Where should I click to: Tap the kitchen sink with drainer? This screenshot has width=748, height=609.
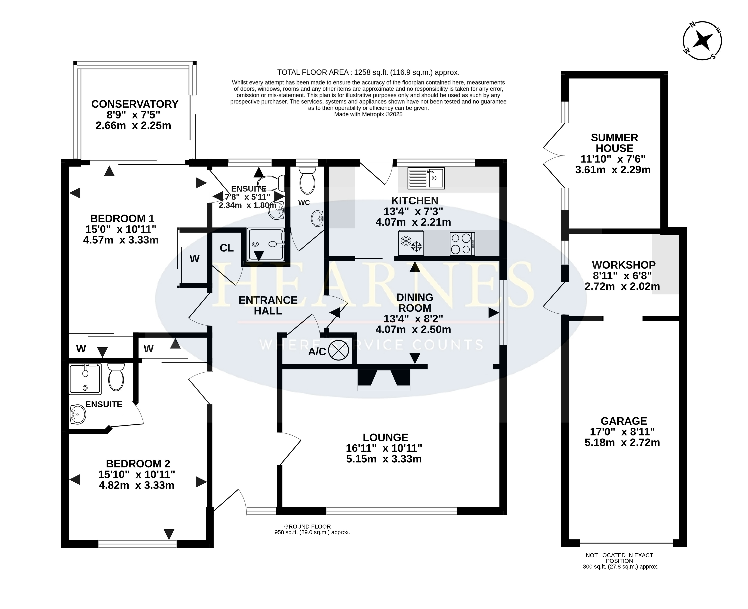coord(426,178)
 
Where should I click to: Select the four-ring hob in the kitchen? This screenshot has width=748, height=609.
coord(462,243)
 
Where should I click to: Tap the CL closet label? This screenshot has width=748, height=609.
coord(227,248)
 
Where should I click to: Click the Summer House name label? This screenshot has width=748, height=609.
coord(614,143)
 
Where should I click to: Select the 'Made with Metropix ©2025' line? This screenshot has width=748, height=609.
coord(368,114)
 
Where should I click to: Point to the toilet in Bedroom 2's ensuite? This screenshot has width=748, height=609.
coord(116,377)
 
